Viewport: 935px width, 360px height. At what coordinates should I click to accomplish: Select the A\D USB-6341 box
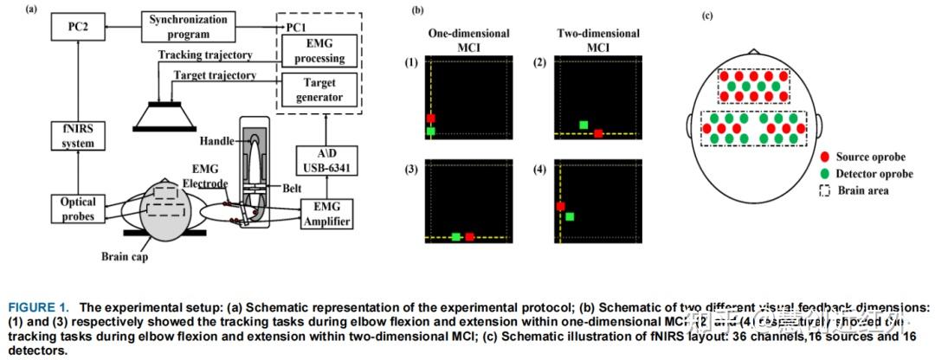click(327, 160)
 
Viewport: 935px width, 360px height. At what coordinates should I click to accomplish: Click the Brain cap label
click(125, 255)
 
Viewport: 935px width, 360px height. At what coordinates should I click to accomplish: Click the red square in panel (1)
click(430, 118)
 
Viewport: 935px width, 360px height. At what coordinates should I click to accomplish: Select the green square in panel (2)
click(584, 125)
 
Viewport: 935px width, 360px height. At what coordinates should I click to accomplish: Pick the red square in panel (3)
click(469, 236)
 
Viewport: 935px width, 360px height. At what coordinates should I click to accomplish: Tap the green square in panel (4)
click(571, 216)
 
